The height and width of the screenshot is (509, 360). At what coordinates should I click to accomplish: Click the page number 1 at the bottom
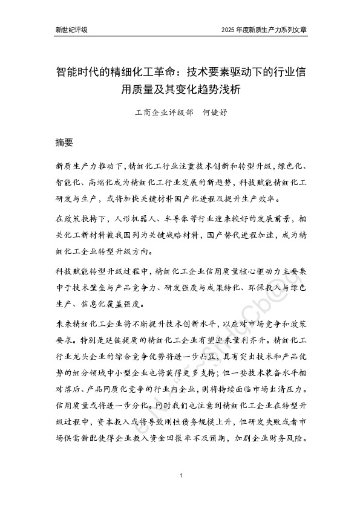[x=181, y=477]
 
